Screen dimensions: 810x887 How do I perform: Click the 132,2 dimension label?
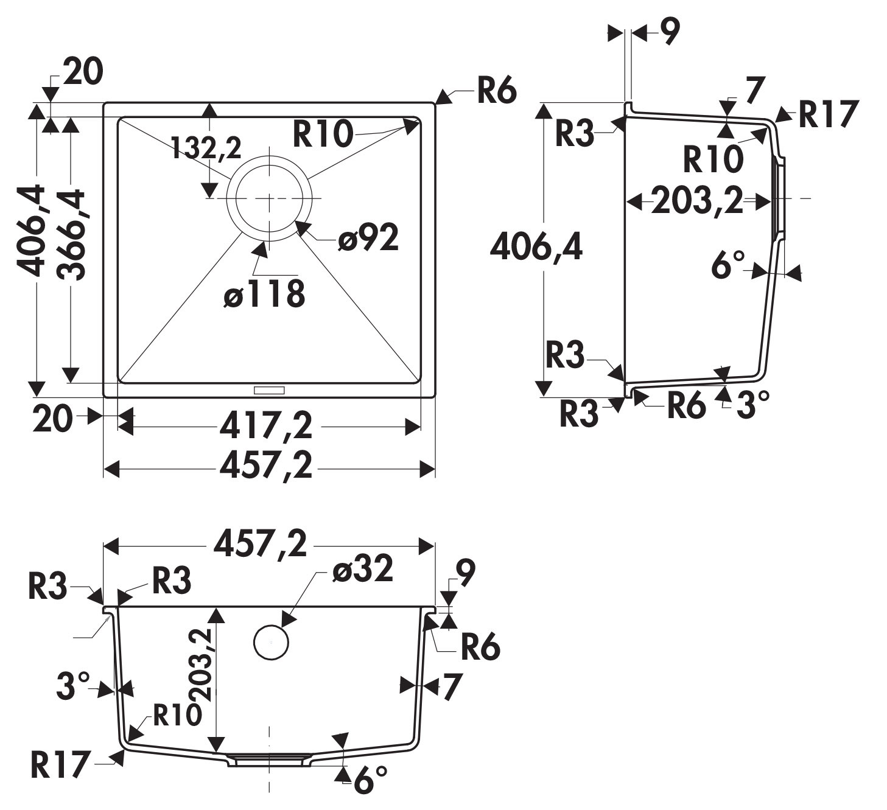click(x=206, y=148)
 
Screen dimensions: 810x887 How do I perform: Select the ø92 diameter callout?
click(x=369, y=238)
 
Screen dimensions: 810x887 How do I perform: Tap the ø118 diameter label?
click(x=264, y=295)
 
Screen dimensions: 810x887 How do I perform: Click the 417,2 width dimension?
click(x=266, y=426)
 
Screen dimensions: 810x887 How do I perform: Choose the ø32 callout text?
click(x=363, y=570)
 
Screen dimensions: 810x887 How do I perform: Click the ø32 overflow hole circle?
click(x=271, y=643)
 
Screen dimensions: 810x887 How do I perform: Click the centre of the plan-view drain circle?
click(x=269, y=198)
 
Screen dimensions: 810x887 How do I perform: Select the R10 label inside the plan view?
click(x=323, y=134)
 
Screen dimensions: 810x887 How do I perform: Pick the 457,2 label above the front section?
click(x=261, y=544)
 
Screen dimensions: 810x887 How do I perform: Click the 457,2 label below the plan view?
click(x=266, y=467)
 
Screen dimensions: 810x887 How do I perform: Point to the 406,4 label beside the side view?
click(x=536, y=247)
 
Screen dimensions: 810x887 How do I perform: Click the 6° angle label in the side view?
click(x=728, y=265)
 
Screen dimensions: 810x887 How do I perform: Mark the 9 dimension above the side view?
click(x=668, y=32)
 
